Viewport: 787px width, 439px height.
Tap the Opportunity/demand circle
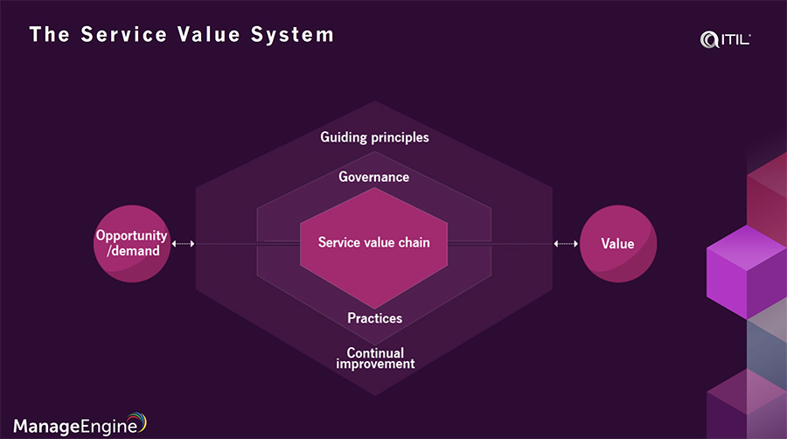coord(131,243)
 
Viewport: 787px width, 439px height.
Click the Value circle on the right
coord(617,243)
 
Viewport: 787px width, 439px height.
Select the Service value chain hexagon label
coord(373,242)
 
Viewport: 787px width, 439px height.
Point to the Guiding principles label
coord(374,137)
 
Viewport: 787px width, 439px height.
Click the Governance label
coord(373,177)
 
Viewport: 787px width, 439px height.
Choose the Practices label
coord(374,318)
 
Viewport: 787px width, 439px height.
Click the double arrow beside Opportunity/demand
coord(184,244)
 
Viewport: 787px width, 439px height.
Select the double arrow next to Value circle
coord(566,244)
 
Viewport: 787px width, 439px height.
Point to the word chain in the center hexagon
coord(412,242)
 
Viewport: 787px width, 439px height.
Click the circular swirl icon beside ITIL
coord(709,38)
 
